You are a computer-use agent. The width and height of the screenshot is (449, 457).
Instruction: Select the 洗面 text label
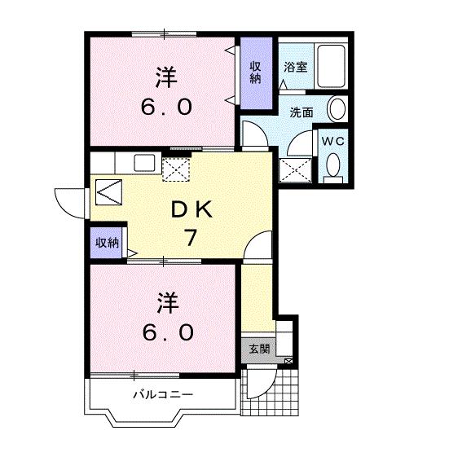click(302, 112)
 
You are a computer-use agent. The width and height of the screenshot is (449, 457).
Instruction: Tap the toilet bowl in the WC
click(332, 168)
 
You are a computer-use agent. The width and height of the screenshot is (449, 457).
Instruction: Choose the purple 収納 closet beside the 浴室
click(256, 73)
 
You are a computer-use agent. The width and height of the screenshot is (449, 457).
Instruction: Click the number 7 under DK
click(191, 237)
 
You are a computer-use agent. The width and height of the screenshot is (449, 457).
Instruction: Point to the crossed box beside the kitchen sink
click(175, 169)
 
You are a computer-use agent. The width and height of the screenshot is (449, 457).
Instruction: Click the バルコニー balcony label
click(163, 394)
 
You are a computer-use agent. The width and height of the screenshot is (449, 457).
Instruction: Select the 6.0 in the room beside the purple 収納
click(167, 107)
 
